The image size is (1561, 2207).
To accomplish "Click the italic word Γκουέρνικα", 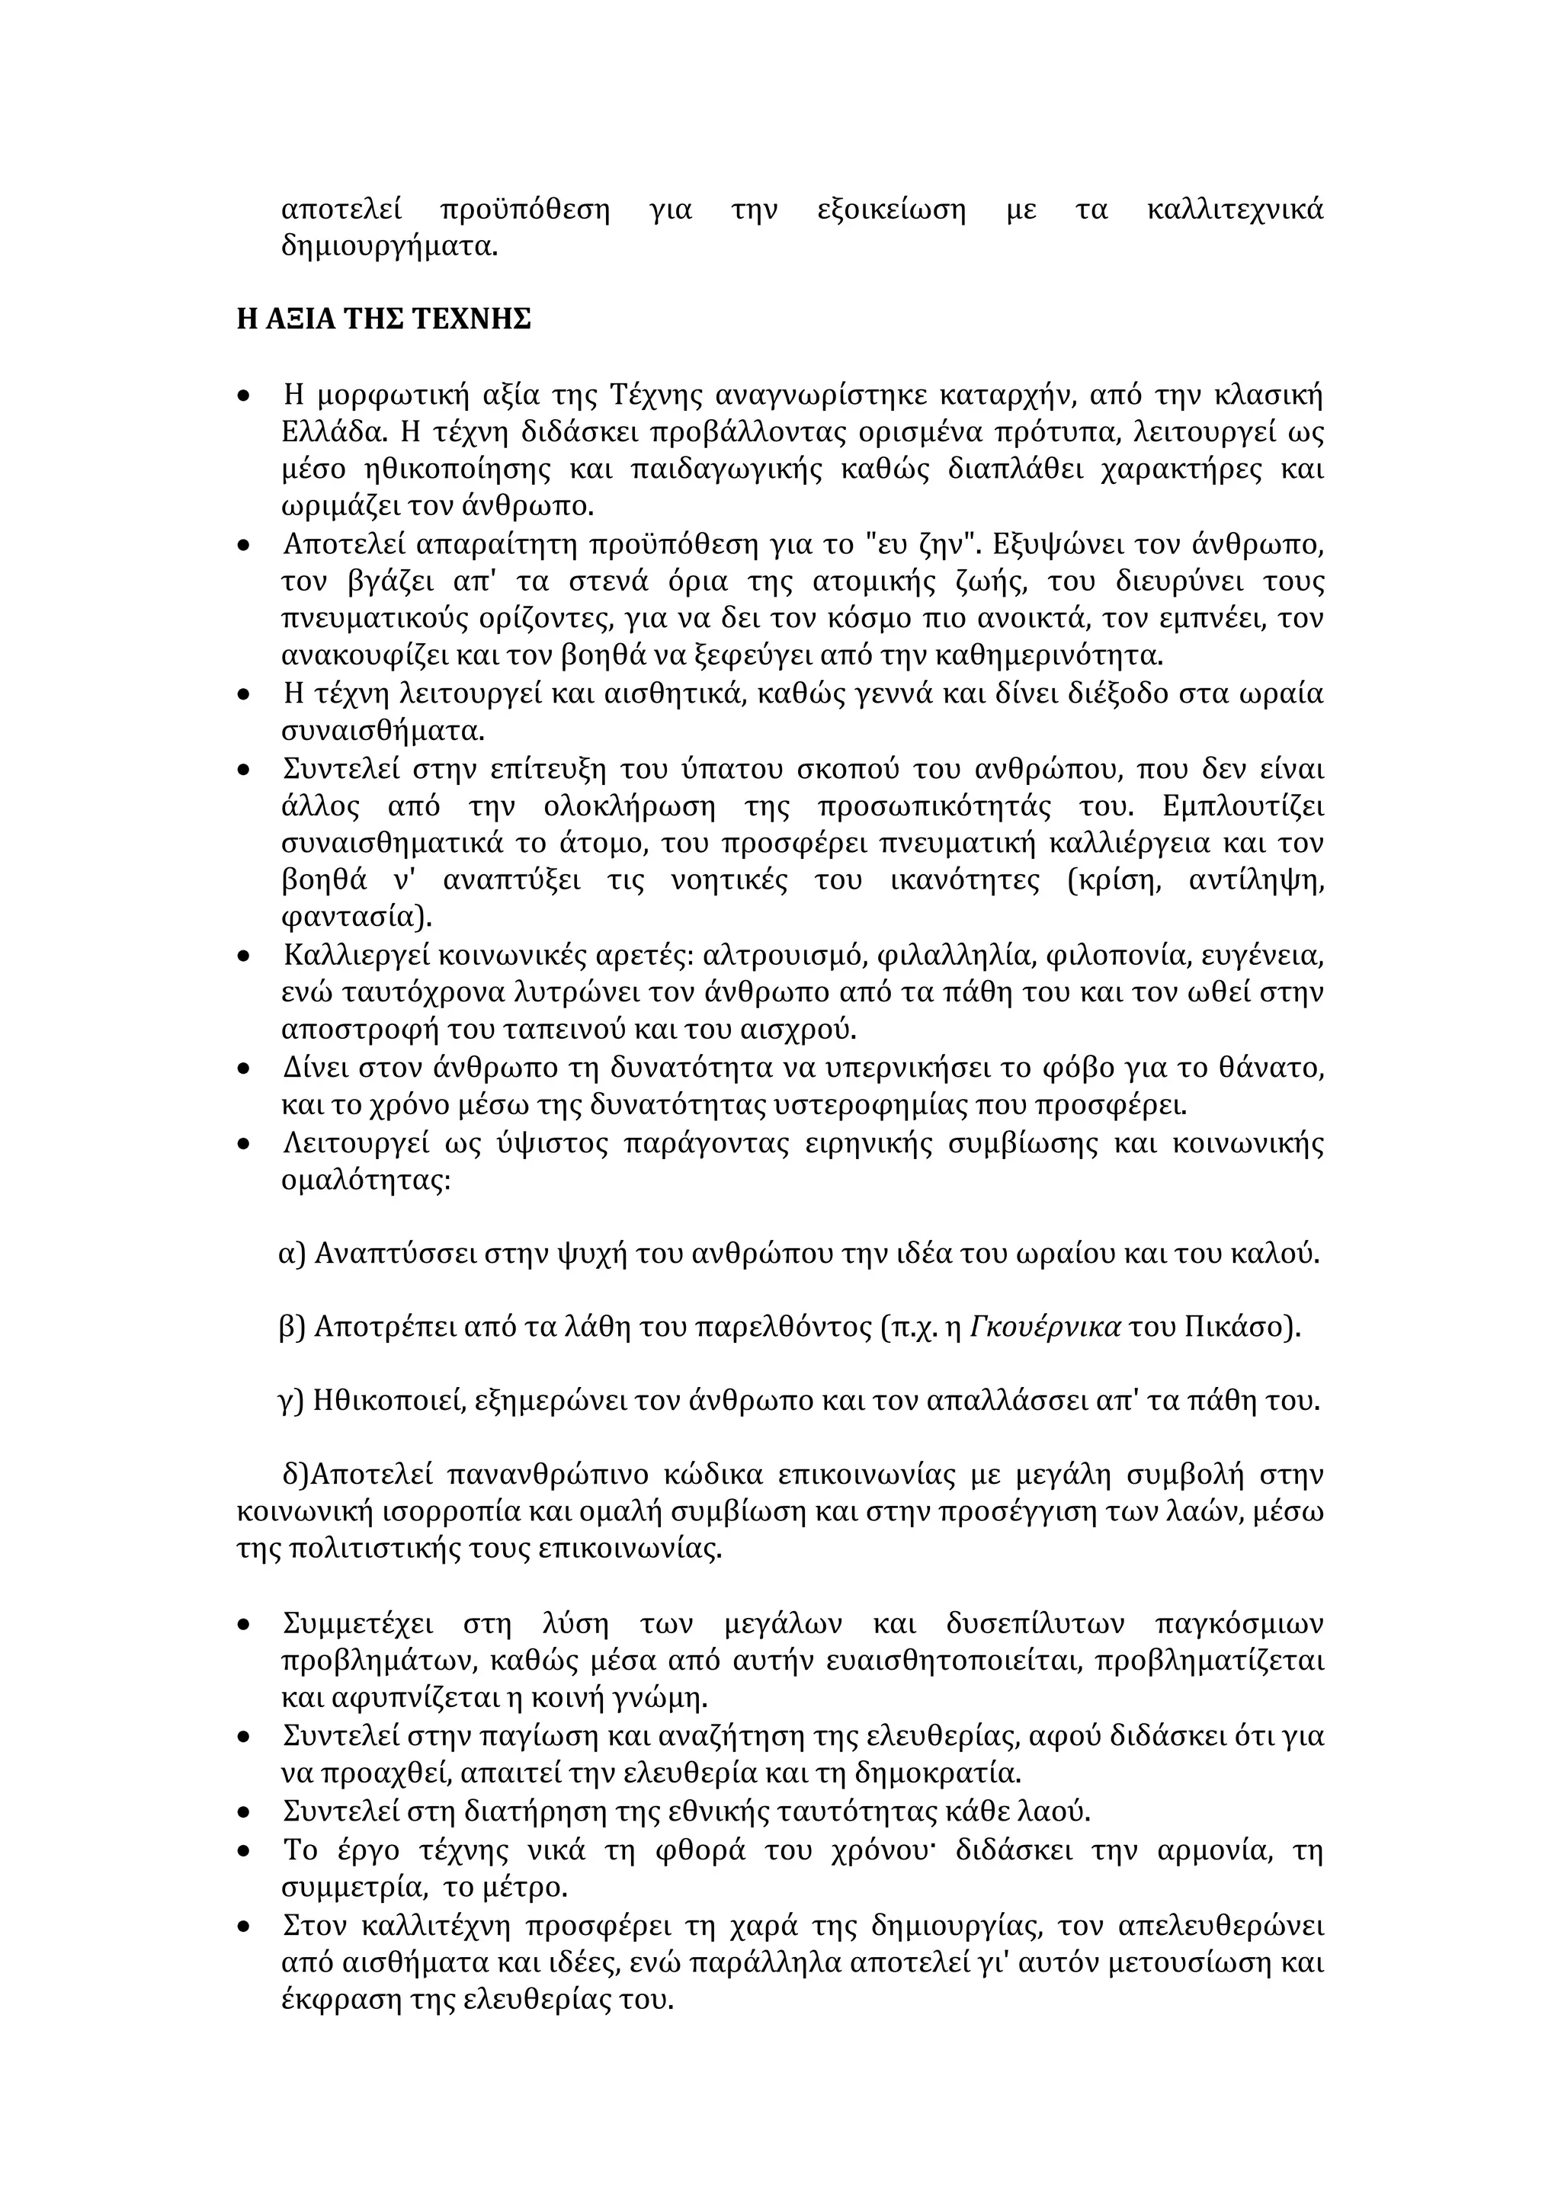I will tap(1045, 1328).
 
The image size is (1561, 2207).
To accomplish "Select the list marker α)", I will tap(291, 1254).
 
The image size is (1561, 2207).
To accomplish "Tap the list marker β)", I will tap(291, 1328).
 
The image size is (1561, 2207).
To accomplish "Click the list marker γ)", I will tap(291, 1401).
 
